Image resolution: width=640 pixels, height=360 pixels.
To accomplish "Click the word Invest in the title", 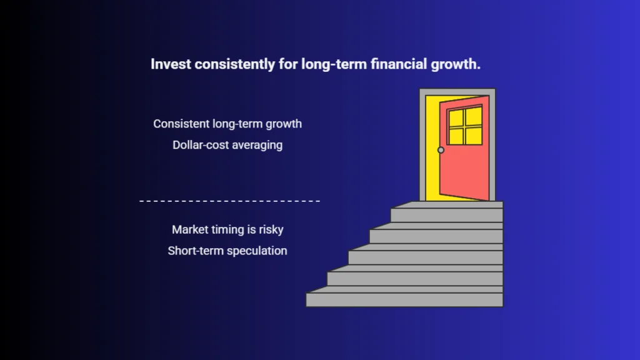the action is point(171,64).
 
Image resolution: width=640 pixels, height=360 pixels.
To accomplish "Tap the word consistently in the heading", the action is point(235,64).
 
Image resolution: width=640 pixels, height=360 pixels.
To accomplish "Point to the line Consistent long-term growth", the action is point(227,124).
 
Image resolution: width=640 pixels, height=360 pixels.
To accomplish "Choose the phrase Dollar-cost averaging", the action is point(227,145).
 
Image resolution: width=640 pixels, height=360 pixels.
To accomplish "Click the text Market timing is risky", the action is point(227,230).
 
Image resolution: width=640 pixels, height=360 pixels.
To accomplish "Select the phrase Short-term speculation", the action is point(227,251).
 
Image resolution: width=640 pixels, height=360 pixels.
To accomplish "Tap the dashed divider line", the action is point(230,201).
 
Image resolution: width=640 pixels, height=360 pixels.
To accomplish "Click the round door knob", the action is point(441,150).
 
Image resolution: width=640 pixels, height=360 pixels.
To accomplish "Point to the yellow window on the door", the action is point(464,125).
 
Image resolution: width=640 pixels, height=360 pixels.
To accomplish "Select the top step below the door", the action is point(447,212).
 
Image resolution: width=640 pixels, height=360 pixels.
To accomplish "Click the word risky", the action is point(271,230).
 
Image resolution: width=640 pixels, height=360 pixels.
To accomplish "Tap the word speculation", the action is point(257,251).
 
